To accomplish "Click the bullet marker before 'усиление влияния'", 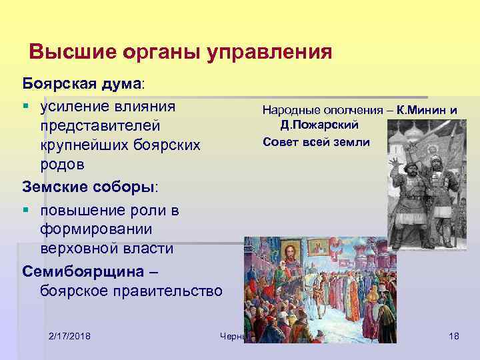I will [x=27, y=106].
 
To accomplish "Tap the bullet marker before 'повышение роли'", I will [x=27, y=211].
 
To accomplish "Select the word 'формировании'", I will [x=96, y=229].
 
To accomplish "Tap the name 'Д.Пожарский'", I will [x=320, y=125].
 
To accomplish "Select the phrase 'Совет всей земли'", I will [x=316, y=142].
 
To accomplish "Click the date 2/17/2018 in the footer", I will [x=70, y=335].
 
